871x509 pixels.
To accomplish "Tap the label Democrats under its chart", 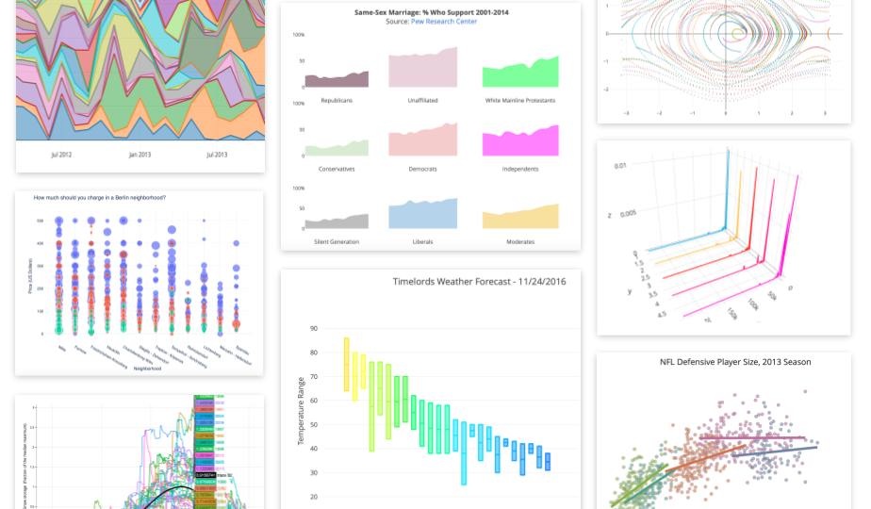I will click(x=422, y=169).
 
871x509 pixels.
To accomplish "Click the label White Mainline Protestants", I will click(x=520, y=100).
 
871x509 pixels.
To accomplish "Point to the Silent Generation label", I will click(x=336, y=241).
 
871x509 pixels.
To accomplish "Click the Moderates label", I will click(x=520, y=241).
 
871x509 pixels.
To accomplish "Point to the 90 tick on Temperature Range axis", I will click(x=313, y=329).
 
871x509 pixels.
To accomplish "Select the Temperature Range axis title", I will click(x=301, y=411).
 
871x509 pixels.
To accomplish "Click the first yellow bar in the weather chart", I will click(x=346, y=364).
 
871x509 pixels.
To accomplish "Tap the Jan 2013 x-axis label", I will click(x=140, y=155).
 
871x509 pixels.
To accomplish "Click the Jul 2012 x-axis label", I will click(x=63, y=155).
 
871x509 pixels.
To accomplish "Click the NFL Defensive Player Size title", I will click(x=735, y=361).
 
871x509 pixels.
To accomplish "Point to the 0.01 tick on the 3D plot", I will click(x=620, y=166).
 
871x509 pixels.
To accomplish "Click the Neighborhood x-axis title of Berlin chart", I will click(x=145, y=369).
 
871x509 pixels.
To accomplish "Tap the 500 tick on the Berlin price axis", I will click(x=41, y=221).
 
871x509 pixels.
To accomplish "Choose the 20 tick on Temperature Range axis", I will click(x=313, y=497).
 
